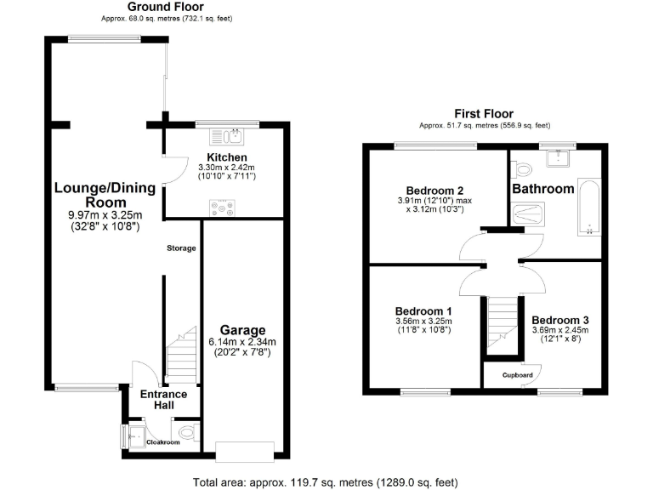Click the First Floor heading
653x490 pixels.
(x=483, y=113)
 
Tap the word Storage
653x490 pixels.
(x=181, y=248)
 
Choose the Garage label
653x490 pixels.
(x=243, y=330)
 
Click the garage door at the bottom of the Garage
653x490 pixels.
(x=245, y=451)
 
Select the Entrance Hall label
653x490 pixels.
(x=164, y=400)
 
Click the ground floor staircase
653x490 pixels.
(x=183, y=357)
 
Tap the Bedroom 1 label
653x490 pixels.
(x=423, y=311)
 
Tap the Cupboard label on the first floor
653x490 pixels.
(x=517, y=375)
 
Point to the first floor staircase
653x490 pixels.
(x=501, y=323)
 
